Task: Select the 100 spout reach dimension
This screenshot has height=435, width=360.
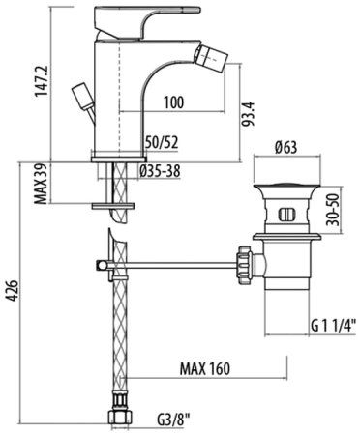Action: [x=174, y=102]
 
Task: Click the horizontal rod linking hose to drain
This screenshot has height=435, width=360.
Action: [x=174, y=263]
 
